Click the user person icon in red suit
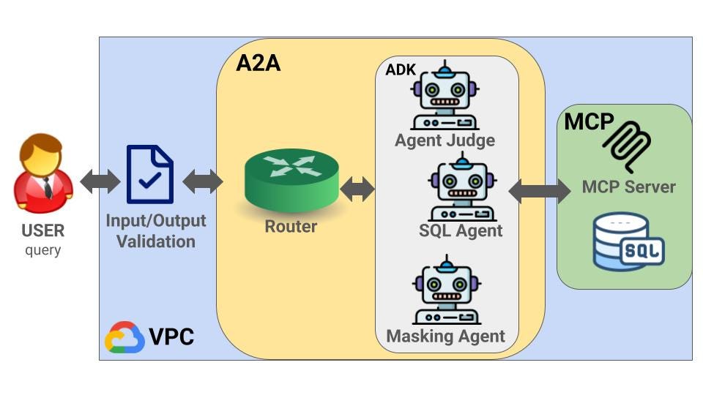click(43, 176)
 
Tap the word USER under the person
click(43, 231)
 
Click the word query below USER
click(43, 251)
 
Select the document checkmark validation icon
click(150, 174)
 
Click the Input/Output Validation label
click(156, 230)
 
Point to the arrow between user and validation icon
click(100, 181)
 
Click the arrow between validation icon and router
click(202, 181)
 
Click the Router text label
click(291, 227)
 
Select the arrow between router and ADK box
click(357, 189)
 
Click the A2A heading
click(258, 63)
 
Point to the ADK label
click(401, 70)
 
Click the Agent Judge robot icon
click(445, 97)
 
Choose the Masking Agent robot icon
click(445, 292)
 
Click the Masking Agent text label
click(445, 336)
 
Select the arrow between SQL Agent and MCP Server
click(540, 190)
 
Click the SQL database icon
click(628, 241)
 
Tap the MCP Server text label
click(628, 187)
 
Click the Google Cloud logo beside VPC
click(124, 337)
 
